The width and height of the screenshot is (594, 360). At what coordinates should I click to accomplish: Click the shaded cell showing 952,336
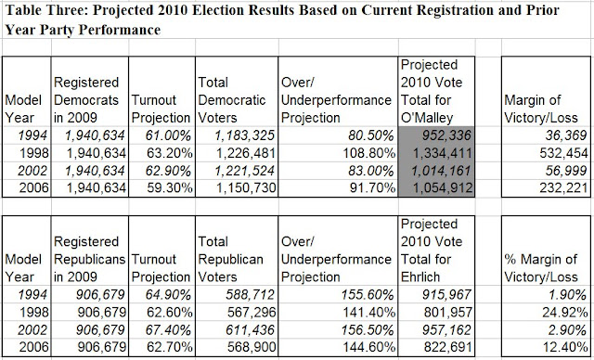tap(436, 135)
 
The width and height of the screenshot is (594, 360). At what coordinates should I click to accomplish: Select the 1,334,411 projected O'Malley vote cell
tap(436, 153)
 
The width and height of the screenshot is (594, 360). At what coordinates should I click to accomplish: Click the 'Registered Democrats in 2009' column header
tap(86, 100)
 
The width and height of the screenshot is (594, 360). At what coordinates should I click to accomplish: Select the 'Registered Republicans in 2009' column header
tap(89, 259)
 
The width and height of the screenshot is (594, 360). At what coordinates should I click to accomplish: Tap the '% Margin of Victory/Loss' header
tap(541, 268)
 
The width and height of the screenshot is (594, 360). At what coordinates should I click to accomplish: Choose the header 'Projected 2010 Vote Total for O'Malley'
tap(432, 91)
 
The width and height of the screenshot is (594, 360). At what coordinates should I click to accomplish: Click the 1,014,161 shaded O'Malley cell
tap(436, 171)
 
